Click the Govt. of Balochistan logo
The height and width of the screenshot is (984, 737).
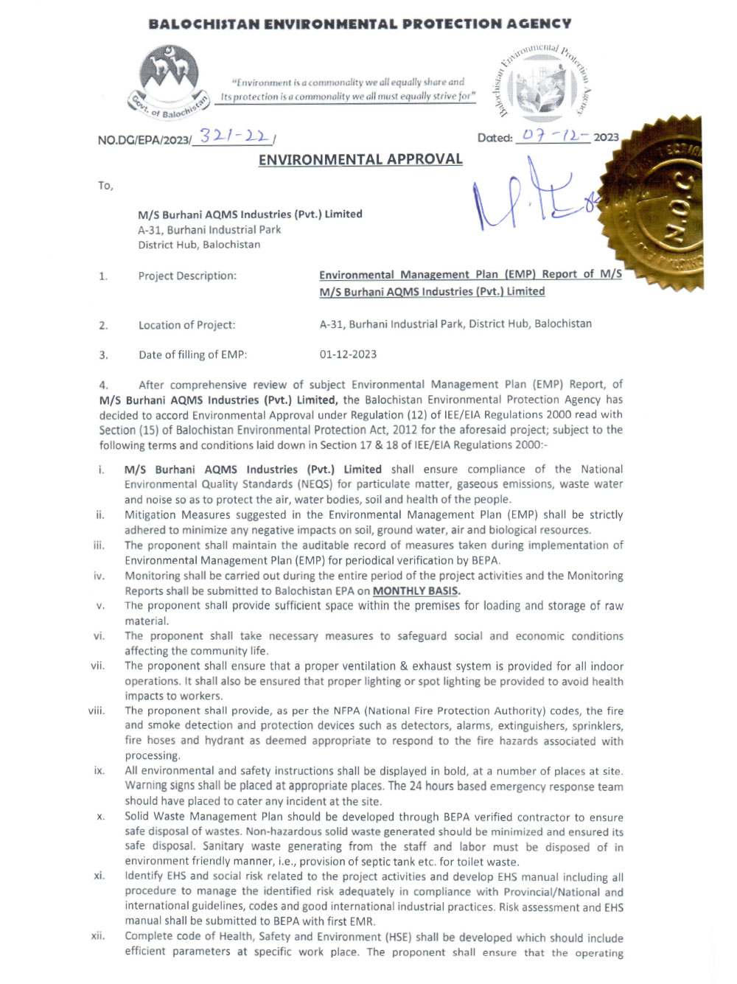(170, 81)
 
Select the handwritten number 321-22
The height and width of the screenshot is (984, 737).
(234, 136)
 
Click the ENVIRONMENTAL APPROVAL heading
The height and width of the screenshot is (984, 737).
(360, 159)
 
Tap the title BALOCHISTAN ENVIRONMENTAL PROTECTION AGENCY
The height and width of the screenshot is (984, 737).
(360, 24)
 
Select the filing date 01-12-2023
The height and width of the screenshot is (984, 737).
(348, 355)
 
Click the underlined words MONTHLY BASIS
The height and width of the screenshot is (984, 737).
(416, 591)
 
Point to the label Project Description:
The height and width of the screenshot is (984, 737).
(187, 276)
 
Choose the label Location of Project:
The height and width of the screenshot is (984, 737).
(186, 325)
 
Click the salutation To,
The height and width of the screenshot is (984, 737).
(105, 186)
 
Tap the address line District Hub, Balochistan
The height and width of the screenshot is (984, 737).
(199, 245)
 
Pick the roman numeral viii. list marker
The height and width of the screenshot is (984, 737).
(97, 711)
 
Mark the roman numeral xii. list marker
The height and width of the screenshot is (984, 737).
(98, 936)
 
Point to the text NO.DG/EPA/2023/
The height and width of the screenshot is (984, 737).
(144, 140)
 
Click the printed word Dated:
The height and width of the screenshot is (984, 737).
(495, 138)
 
